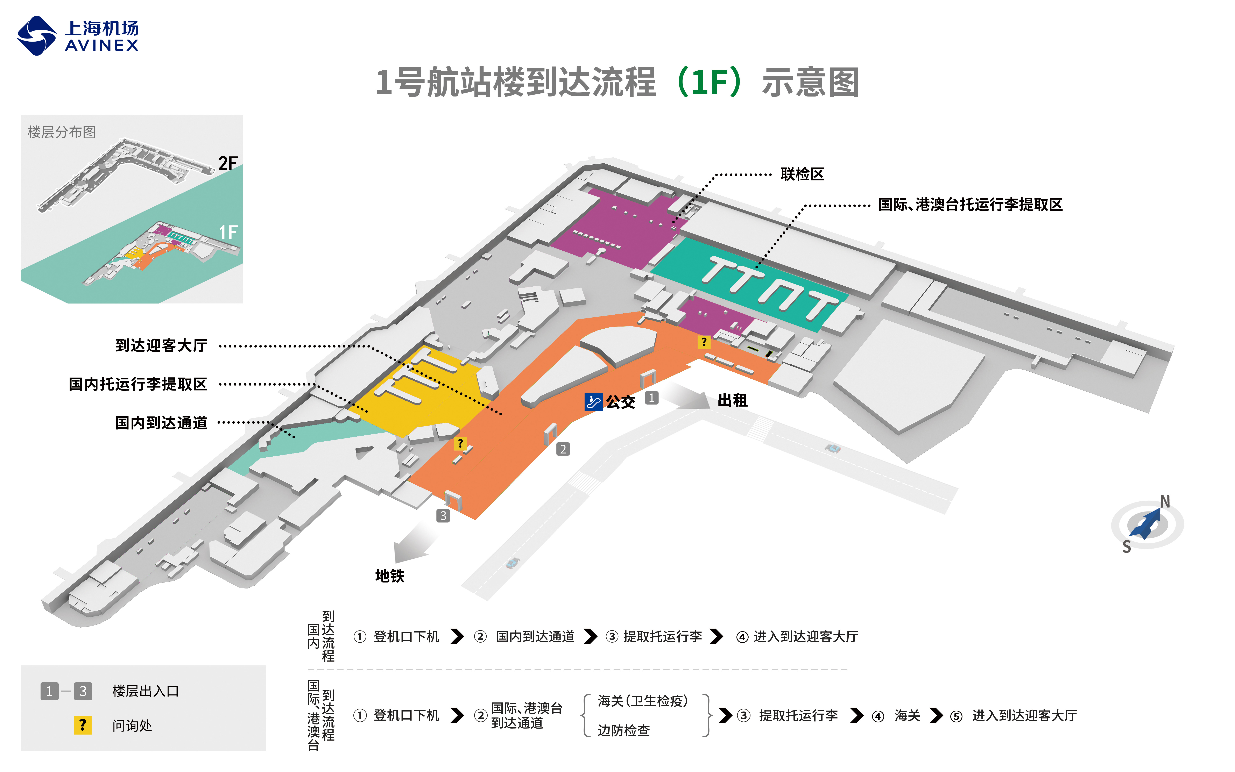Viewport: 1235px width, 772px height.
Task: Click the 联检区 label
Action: [x=802, y=174]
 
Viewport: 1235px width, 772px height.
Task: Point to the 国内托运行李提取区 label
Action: [x=138, y=384]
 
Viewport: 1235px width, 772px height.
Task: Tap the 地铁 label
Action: [x=390, y=576]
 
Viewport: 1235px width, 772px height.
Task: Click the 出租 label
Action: [x=732, y=400]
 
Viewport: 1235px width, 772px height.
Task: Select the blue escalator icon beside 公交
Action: [x=593, y=402]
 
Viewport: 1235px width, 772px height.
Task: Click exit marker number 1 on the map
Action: [x=652, y=398]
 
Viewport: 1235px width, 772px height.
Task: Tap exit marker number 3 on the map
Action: [x=443, y=516]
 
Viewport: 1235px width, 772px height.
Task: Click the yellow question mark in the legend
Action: [x=83, y=725]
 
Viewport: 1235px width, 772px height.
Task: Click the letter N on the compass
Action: [x=1165, y=501]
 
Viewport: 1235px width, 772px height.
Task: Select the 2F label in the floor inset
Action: [x=228, y=163]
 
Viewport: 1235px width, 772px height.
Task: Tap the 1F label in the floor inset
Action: [x=228, y=232]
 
